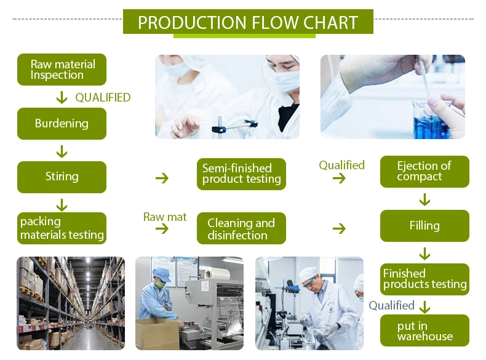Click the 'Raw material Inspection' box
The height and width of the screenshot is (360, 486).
(x=62, y=70)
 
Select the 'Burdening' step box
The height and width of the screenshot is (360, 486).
(x=62, y=124)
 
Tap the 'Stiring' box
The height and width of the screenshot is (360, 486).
(x=62, y=177)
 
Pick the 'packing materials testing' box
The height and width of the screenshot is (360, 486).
(x=62, y=228)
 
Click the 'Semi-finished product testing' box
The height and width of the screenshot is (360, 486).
(x=241, y=174)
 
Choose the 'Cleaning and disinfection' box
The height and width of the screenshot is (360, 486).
(x=241, y=228)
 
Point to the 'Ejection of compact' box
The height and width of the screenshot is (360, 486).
(x=424, y=172)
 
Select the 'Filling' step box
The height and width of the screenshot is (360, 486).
(x=424, y=226)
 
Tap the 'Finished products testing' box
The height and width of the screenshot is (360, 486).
(x=424, y=279)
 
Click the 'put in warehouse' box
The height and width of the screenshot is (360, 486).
(x=424, y=330)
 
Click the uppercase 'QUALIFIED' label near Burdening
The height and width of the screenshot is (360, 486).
(x=103, y=98)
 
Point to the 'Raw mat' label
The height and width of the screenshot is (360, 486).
(x=165, y=217)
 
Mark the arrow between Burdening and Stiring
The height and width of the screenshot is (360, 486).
(x=62, y=151)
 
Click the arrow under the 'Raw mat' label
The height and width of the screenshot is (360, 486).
(x=162, y=229)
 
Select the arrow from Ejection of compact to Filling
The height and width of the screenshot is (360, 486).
(x=424, y=199)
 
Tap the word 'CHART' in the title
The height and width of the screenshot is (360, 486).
(x=330, y=22)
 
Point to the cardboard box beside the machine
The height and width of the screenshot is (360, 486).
(x=157, y=334)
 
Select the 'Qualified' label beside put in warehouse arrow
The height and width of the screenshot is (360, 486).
(x=391, y=305)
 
